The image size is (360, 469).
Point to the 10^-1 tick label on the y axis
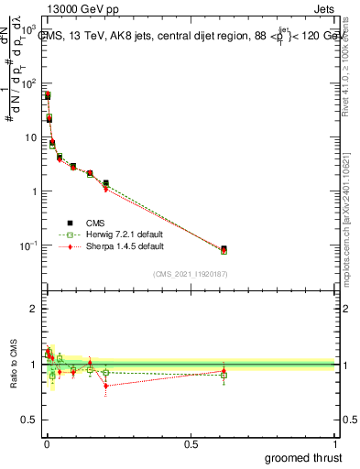tap(25, 245)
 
